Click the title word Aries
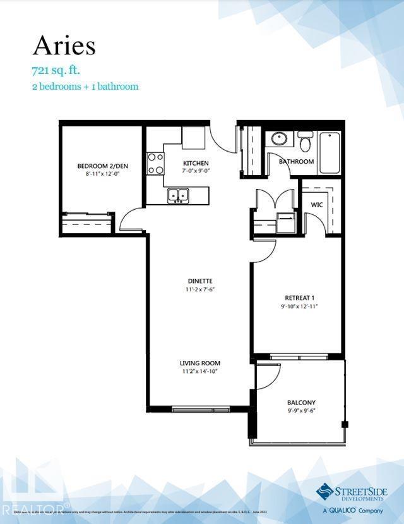click(x=64, y=46)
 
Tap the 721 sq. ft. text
click(x=56, y=70)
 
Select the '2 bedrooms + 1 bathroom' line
click(x=85, y=86)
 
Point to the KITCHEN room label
click(x=196, y=164)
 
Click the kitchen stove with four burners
click(x=155, y=164)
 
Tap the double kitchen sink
click(x=179, y=196)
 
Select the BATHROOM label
click(x=297, y=162)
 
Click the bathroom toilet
click(x=306, y=142)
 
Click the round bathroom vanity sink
click(x=278, y=139)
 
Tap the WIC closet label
click(x=317, y=205)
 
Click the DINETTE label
click(x=199, y=281)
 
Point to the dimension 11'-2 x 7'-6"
click(x=199, y=289)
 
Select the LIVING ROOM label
click(x=199, y=363)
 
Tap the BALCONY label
click(x=301, y=402)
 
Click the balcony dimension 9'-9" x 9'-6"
click(x=301, y=410)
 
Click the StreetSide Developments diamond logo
click(x=324, y=491)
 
